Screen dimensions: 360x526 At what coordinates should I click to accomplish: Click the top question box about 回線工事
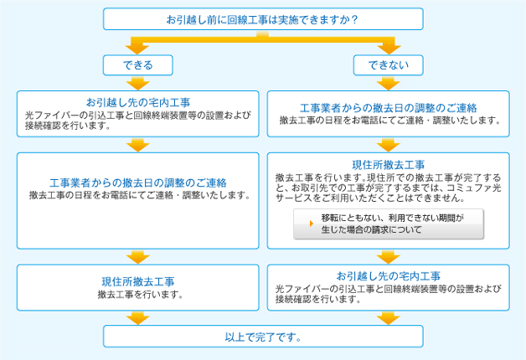click(263, 19)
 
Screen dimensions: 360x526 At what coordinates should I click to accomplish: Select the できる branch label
click(137, 64)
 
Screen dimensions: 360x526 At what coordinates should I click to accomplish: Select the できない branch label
click(388, 64)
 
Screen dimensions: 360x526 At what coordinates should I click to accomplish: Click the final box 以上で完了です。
click(263, 337)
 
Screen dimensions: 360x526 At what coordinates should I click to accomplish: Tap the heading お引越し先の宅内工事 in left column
click(137, 102)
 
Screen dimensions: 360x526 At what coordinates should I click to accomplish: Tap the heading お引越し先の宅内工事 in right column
click(388, 275)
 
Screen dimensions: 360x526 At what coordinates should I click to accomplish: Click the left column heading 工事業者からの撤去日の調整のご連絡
click(137, 183)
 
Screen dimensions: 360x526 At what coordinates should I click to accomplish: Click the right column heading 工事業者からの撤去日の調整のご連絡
click(388, 108)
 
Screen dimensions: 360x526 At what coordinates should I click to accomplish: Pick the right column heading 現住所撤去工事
click(388, 164)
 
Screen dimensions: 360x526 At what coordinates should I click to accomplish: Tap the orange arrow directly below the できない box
click(388, 82)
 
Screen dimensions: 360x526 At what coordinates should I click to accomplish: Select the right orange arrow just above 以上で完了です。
click(388, 317)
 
